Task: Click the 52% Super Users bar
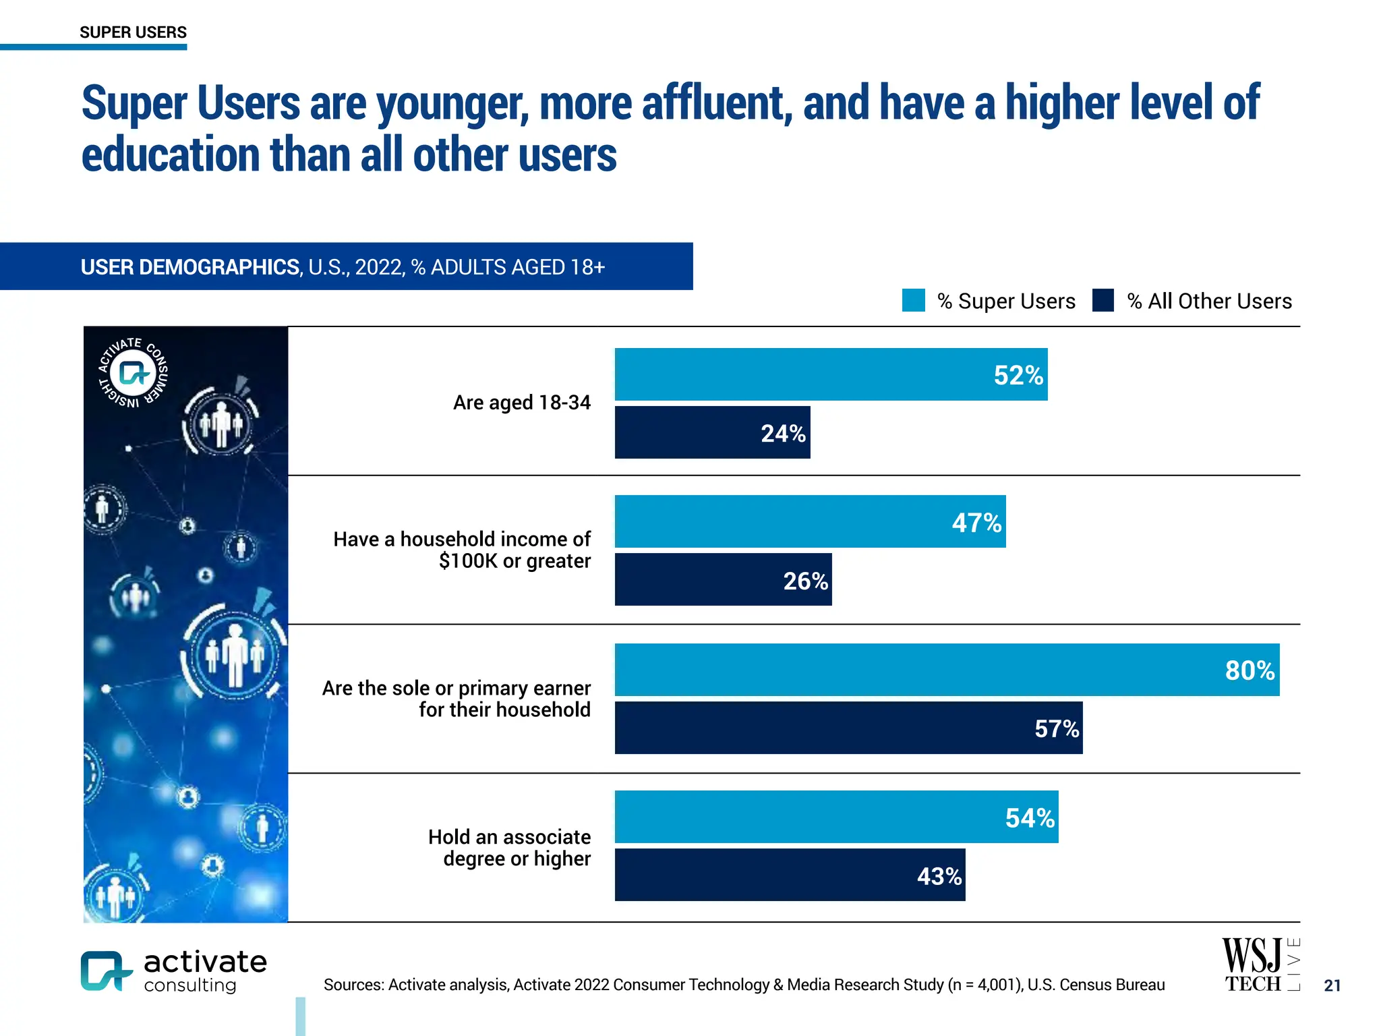pos(831,374)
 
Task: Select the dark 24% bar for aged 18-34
pos(712,432)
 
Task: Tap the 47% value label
pos(976,523)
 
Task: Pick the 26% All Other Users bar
pos(723,580)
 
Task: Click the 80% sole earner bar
pos(947,670)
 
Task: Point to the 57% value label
pos(1056,728)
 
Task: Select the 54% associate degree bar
pos(836,817)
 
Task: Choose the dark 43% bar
pos(789,875)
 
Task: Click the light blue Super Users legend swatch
pos(913,300)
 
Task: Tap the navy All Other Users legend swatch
pos(1103,300)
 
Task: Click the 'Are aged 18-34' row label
pos(521,403)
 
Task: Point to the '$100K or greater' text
pos(515,561)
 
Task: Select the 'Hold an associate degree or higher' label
pos(509,848)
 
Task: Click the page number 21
pos(1332,985)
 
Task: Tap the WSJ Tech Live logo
pos(1260,965)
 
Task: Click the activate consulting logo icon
pos(105,971)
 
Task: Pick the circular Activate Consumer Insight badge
pos(134,372)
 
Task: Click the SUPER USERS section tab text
pos(133,32)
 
